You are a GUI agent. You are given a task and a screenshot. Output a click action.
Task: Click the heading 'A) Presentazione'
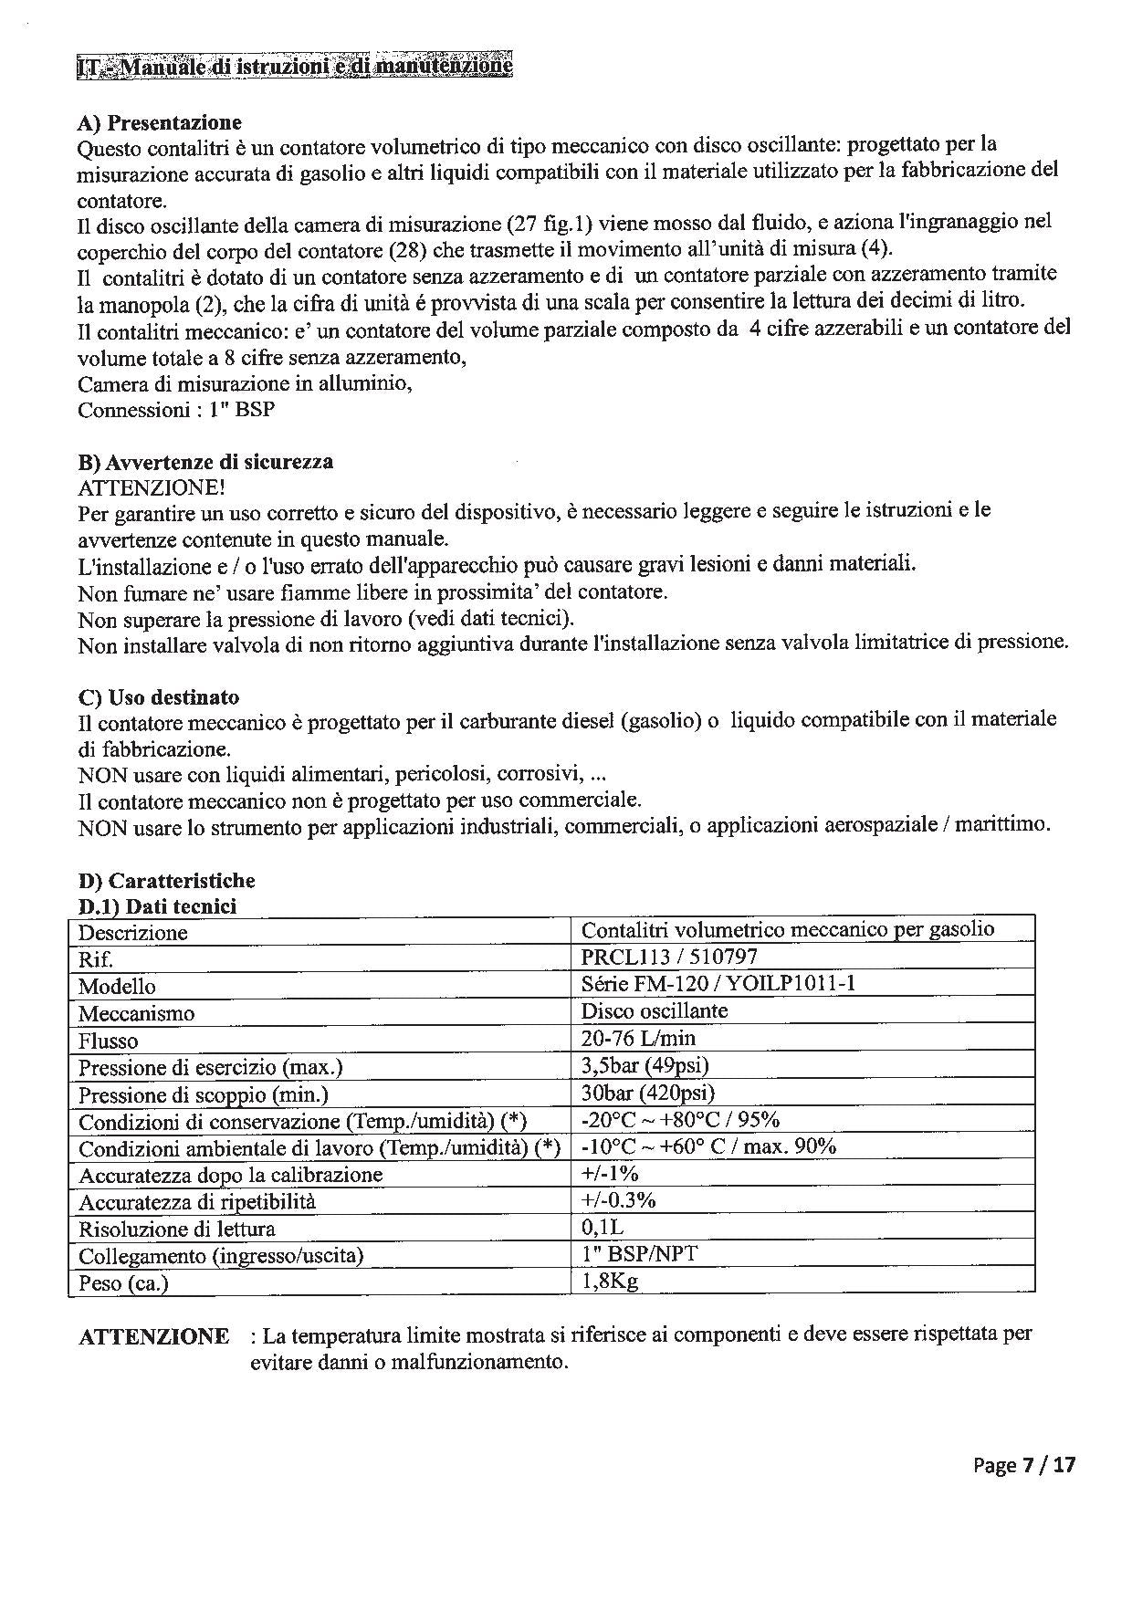(160, 122)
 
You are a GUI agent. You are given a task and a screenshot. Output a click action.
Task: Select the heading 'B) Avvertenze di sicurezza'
(205, 462)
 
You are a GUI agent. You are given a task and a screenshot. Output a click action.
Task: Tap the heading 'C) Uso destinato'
(159, 697)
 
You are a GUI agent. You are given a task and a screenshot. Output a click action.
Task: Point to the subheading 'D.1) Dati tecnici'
(157, 906)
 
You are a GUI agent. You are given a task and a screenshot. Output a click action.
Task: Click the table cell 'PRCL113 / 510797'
(669, 957)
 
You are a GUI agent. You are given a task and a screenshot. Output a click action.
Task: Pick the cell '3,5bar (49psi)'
(645, 1065)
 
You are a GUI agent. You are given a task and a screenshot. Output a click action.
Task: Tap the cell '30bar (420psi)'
(647, 1093)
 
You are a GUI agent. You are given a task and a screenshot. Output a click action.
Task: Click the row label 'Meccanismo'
(136, 1013)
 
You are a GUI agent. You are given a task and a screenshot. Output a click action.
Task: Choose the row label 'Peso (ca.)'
(123, 1283)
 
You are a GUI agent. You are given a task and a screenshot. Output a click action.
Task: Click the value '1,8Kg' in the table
(609, 1281)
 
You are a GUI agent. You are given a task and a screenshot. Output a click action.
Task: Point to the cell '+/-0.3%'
(618, 1200)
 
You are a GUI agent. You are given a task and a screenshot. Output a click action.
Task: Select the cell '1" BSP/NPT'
(639, 1254)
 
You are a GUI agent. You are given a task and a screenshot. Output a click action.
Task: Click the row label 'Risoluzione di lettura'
(176, 1230)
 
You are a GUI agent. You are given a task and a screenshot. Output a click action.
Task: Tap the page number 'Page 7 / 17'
(1024, 1465)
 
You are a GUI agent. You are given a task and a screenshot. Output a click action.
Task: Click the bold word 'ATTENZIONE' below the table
(153, 1337)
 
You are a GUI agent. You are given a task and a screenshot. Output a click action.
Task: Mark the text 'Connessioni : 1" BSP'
(175, 410)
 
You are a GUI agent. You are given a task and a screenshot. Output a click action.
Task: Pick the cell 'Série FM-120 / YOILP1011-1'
(718, 983)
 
